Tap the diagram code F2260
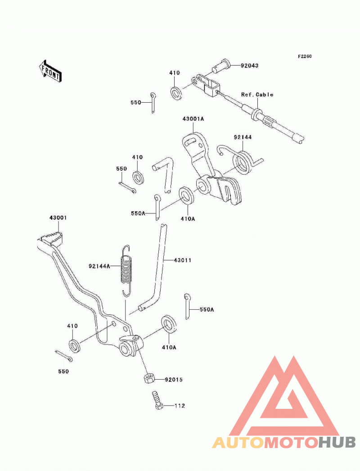tap(305, 56)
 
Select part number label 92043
tap(249, 65)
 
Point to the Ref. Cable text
tap(257, 95)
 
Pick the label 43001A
tap(193, 119)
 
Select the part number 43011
tap(183, 260)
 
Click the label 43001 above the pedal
tap(58, 217)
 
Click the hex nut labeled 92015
tap(148, 378)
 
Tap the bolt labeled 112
tap(157, 400)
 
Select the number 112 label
tap(180, 406)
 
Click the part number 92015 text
tap(174, 380)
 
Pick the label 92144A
tap(99, 266)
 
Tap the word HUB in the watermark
tap(337, 443)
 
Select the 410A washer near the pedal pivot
tap(169, 324)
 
